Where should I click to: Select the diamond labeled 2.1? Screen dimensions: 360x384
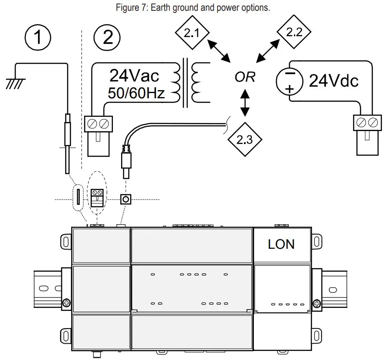click(192, 33)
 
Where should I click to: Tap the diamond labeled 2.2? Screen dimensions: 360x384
click(294, 32)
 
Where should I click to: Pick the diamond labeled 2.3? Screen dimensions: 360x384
click(244, 138)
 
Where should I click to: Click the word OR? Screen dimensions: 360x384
click(245, 77)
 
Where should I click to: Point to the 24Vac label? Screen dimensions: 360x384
click(134, 76)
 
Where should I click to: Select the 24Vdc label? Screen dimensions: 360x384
click(334, 81)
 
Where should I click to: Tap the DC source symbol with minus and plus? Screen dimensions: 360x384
click(290, 81)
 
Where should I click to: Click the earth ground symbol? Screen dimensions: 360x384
click(15, 82)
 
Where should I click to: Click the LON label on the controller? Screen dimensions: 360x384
click(281, 244)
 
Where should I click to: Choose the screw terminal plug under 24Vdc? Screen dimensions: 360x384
click(367, 134)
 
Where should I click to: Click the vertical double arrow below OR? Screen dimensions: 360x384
click(245, 103)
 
